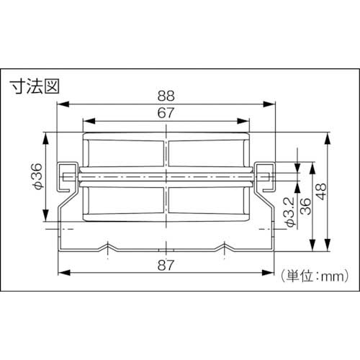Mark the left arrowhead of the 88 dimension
[62, 103]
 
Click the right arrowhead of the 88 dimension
[274, 103]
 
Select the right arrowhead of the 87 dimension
[274, 272]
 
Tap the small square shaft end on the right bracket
[268, 175]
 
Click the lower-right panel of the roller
[210, 202]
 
